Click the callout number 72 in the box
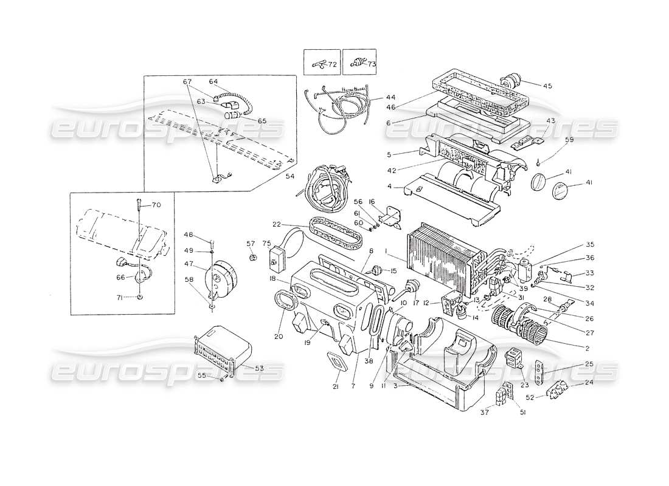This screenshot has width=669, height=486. click(331, 64)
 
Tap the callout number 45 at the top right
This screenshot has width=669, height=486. click(547, 86)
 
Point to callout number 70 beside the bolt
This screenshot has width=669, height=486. click(156, 205)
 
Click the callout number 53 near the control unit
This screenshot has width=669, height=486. click(258, 368)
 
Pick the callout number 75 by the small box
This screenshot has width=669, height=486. click(266, 244)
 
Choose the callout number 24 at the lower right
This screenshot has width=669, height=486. click(588, 383)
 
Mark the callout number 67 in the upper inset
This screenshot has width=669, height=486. click(187, 82)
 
